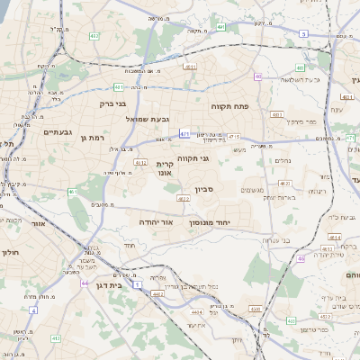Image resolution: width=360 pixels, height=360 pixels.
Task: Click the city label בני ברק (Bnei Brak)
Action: pos(112,103)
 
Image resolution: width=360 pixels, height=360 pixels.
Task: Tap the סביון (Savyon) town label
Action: pos(202,190)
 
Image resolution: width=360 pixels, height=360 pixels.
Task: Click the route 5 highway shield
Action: pos(303,33)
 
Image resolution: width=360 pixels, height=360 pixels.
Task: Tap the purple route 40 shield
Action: pos(257,76)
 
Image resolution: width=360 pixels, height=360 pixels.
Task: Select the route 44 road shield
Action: pos(84,283)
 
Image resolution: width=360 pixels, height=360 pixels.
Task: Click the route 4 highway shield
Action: pos(33,309)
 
